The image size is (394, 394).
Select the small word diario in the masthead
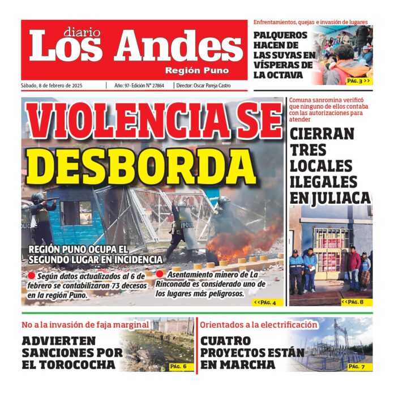coord(80,32)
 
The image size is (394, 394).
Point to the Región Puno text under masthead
coord(197,71)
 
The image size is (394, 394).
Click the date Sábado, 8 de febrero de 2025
coord(52,85)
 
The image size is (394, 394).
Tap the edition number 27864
coord(160,85)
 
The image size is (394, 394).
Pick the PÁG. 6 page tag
coord(182,367)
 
